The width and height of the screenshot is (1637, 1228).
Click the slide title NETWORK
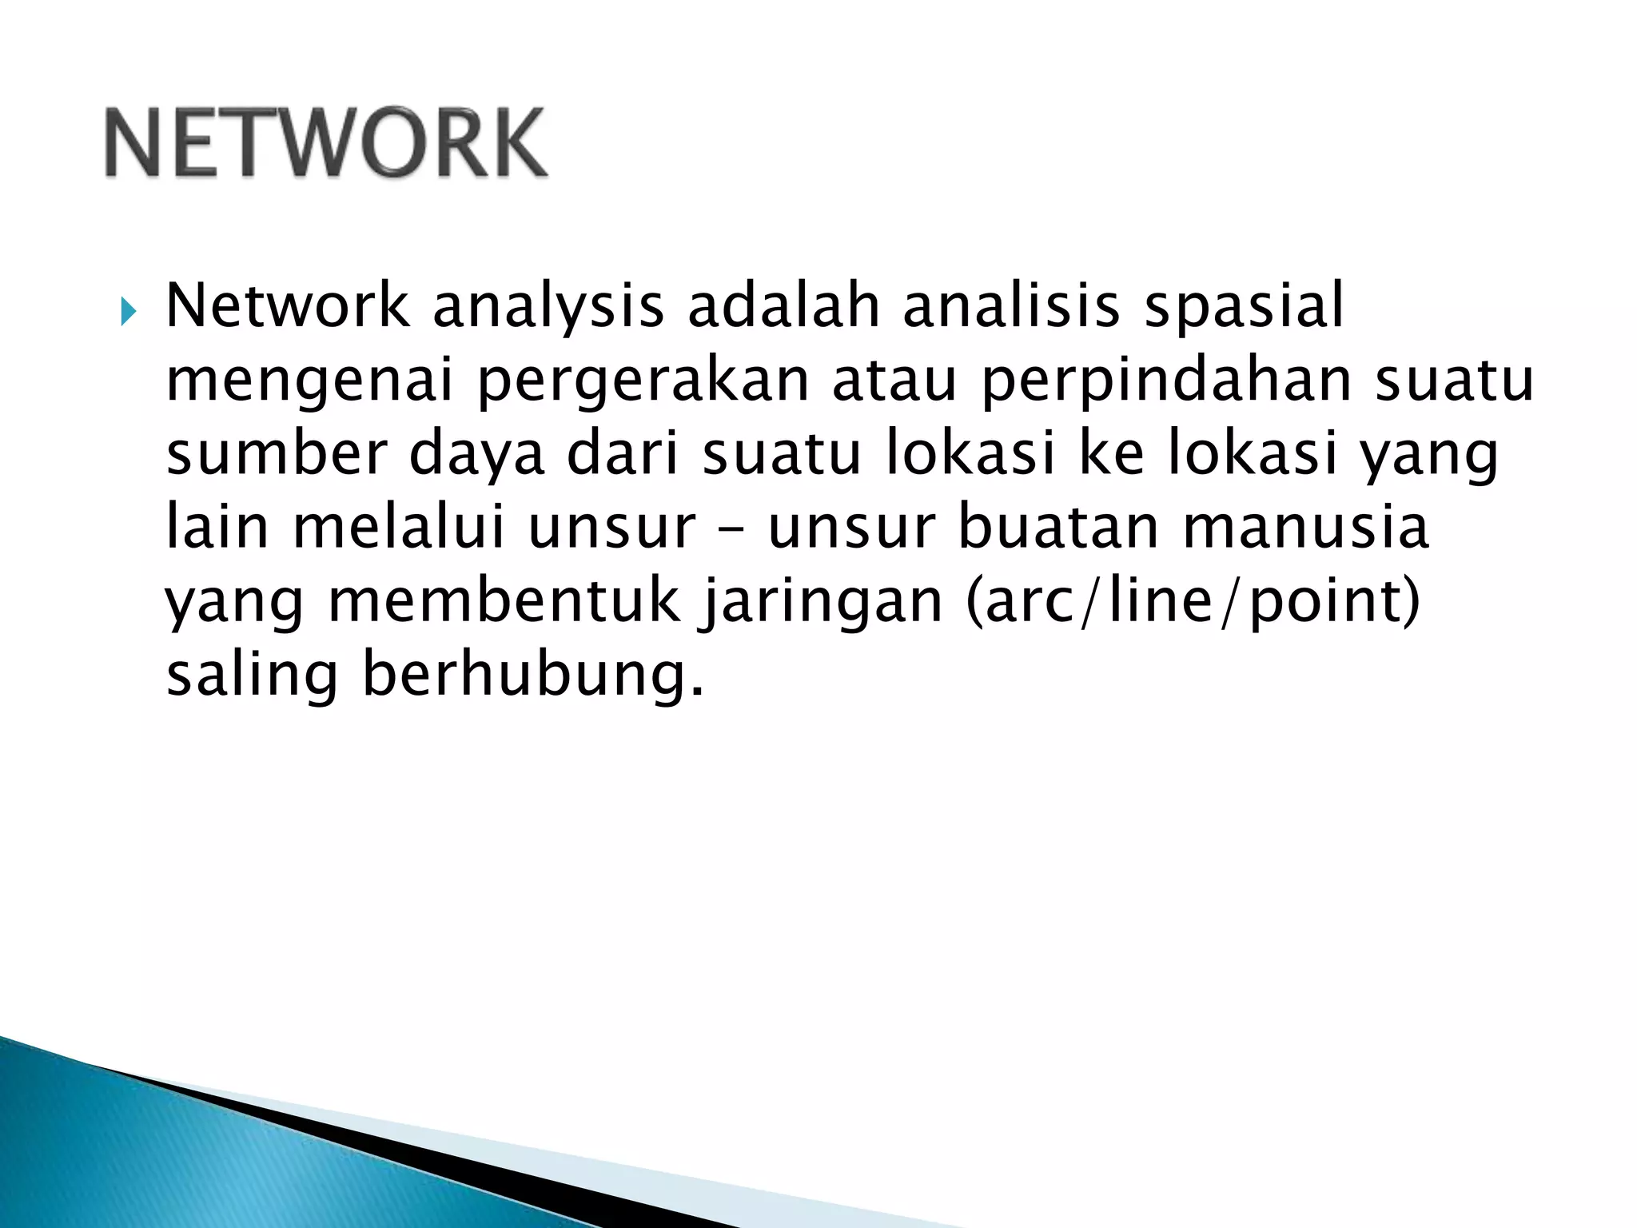(326, 144)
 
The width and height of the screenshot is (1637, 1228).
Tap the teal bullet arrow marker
(128, 311)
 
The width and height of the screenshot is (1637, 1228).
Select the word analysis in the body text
(548, 307)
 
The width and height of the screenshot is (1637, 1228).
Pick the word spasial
(1244, 307)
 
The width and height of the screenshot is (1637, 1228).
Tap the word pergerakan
(643, 382)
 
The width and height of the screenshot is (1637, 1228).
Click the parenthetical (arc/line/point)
(1193, 601)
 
